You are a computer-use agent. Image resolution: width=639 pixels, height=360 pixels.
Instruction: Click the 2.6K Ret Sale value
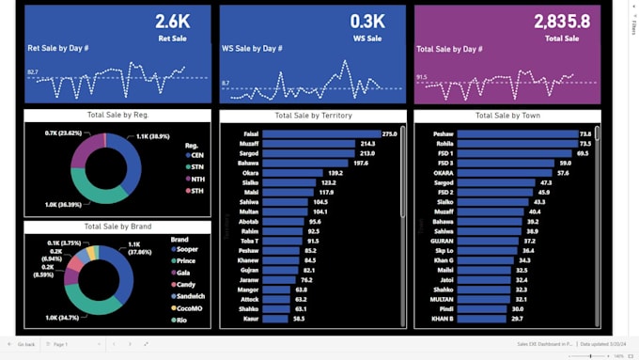click(x=171, y=21)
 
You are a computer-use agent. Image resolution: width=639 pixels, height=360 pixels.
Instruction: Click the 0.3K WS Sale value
click(x=367, y=21)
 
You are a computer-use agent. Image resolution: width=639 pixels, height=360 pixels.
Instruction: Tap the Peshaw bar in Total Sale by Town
click(x=516, y=134)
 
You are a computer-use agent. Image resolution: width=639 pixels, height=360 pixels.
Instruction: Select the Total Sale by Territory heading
click(x=311, y=115)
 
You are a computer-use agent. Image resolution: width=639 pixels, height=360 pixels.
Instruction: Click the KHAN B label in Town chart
click(x=443, y=319)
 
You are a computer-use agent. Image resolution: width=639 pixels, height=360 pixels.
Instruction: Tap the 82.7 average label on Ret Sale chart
click(x=33, y=71)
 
